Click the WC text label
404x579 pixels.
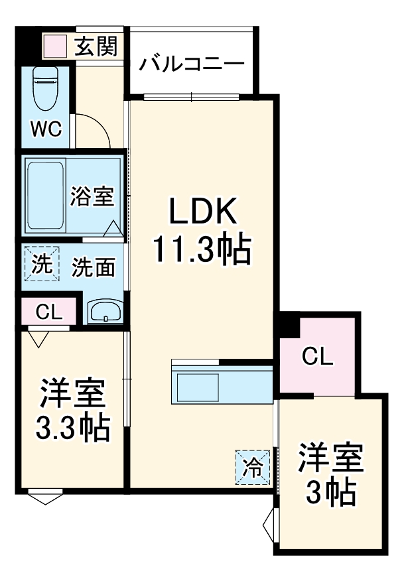tap(47, 128)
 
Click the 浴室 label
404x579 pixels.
tap(92, 196)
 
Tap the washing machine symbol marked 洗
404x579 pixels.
tap(42, 264)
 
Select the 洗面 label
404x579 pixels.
tap(93, 267)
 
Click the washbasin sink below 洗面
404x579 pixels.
tap(105, 311)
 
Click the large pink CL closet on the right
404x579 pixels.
tap(316, 356)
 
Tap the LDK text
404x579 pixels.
tap(202, 214)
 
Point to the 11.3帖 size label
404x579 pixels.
tap(202, 250)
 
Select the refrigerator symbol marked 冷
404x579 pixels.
tap(253, 467)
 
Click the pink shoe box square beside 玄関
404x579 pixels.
tap(55, 46)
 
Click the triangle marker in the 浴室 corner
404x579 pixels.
tap(113, 227)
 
